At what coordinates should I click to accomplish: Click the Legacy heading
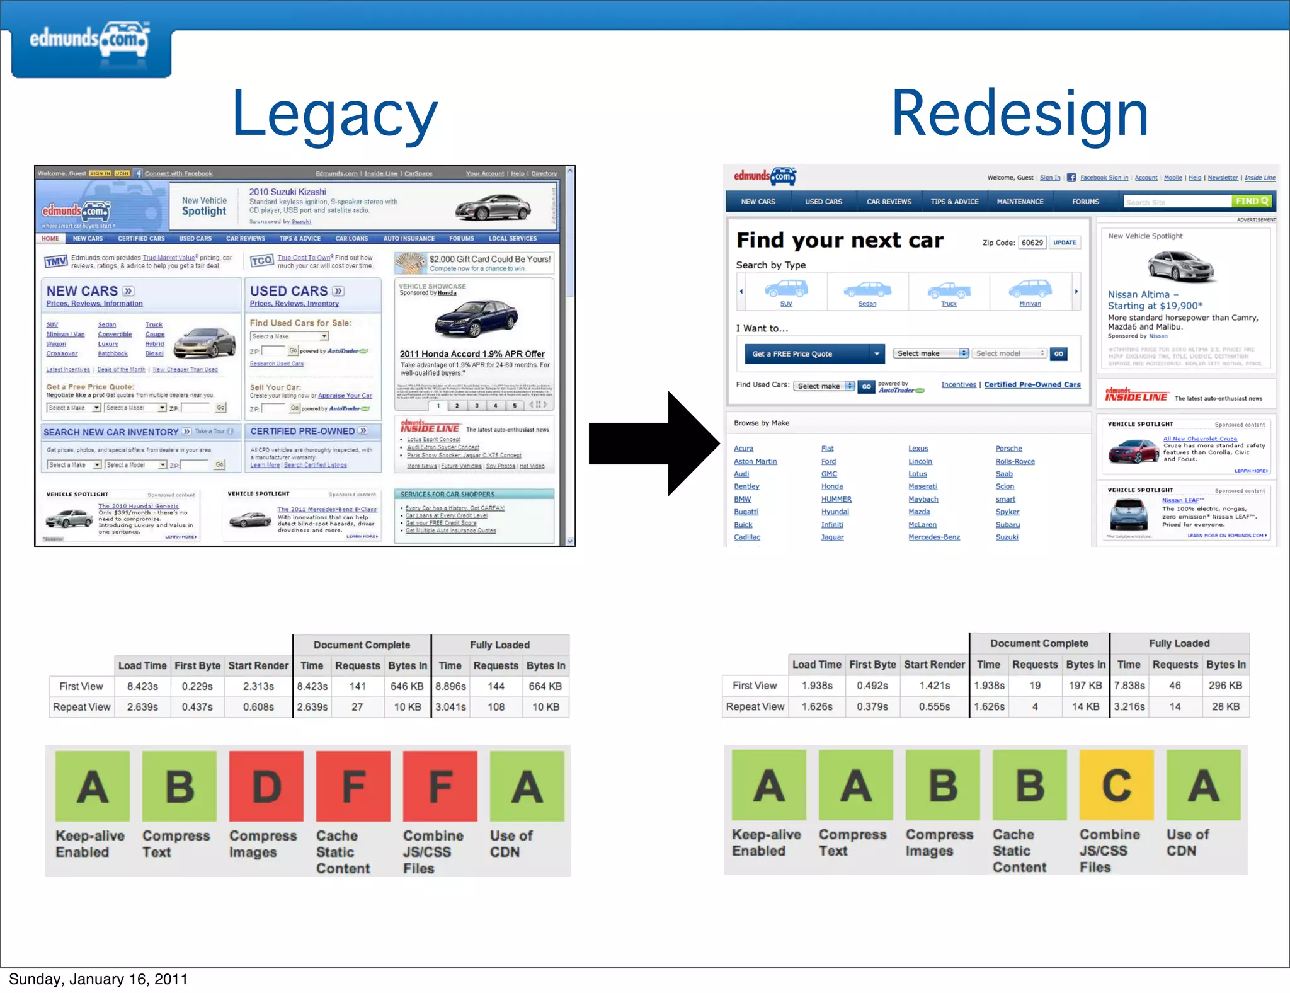[x=334, y=114]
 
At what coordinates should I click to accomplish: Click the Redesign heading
[x=1020, y=114]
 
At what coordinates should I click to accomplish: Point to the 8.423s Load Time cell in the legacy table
[x=142, y=686]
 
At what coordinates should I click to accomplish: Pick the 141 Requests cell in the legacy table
[x=357, y=686]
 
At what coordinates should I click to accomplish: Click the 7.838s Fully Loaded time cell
[x=1129, y=686]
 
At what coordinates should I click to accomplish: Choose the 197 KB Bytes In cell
[x=1085, y=686]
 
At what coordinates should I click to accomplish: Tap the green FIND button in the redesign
[x=1252, y=202]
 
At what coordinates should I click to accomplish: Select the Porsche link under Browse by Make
[x=1008, y=449]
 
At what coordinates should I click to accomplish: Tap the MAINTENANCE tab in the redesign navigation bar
[x=1020, y=202]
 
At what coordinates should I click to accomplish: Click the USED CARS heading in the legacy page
[x=289, y=291]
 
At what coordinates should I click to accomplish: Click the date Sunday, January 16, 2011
[x=98, y=979]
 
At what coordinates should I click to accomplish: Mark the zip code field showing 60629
[x=1032, y=243]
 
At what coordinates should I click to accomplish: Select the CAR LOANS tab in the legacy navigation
[x=351, y=239]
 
